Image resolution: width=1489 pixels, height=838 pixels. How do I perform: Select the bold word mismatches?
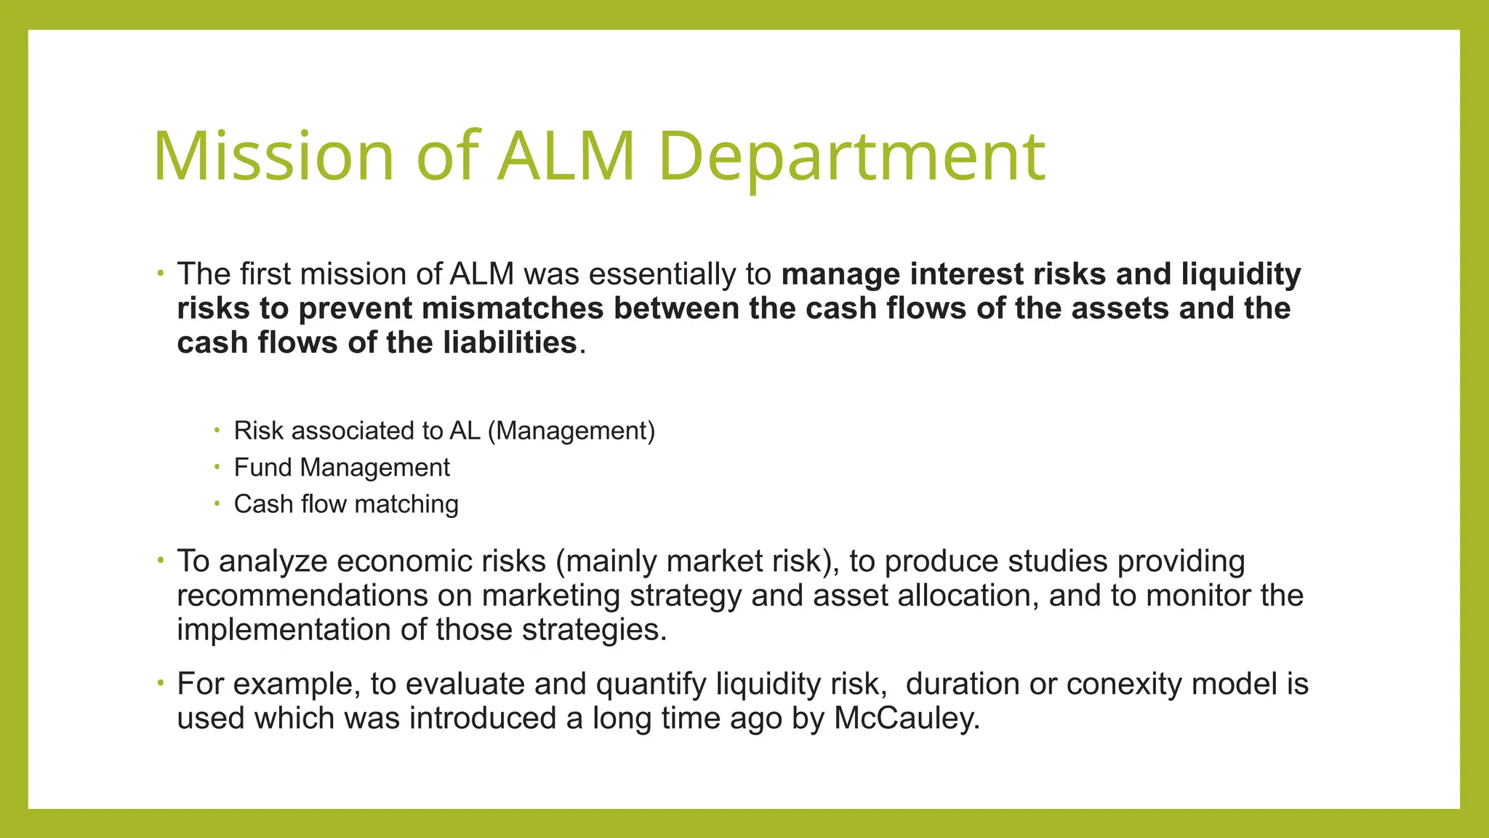click(x=513, y=308)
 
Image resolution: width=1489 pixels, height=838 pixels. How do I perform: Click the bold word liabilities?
click(x=510, y=343)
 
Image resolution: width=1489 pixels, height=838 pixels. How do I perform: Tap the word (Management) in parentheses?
click(x=571, y=431)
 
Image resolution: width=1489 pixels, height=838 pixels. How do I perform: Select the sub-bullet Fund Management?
click(x=342, y=467)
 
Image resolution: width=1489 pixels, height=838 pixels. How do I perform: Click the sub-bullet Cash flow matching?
click(x=346, y=503)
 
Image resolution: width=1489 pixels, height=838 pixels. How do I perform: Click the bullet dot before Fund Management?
click(x=217, y=466)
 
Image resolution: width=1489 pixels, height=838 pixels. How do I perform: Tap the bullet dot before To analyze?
click(x=160, y=560)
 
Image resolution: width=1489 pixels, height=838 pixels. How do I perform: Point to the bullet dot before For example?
click(x=160, y=683)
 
